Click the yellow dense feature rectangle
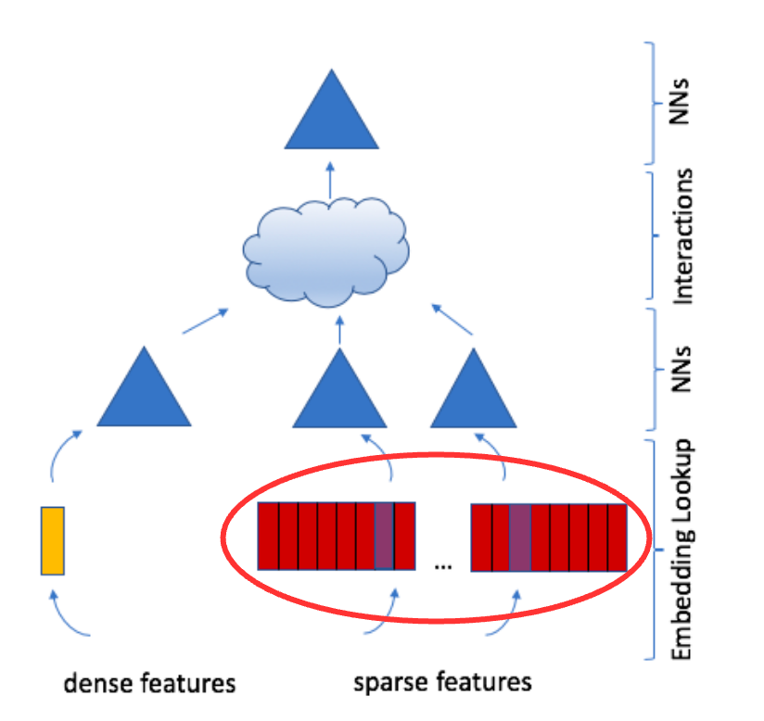[53, 541]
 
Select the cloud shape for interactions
[326, 252]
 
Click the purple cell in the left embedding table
[384, 537]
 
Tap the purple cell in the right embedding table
[520, 538]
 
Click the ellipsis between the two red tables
[443, 566]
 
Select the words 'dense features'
[149, 683]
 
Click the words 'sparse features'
[442, 681]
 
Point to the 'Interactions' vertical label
[682, 236]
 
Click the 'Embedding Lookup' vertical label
[682, 550]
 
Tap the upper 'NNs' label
[680, 101]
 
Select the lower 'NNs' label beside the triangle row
[681, 369]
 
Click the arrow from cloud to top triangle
[330, 180]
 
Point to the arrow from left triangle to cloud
[205, 321]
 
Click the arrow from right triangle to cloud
[452, 320]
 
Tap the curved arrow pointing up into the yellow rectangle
[66, 616]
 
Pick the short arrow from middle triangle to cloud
[339, 330]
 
